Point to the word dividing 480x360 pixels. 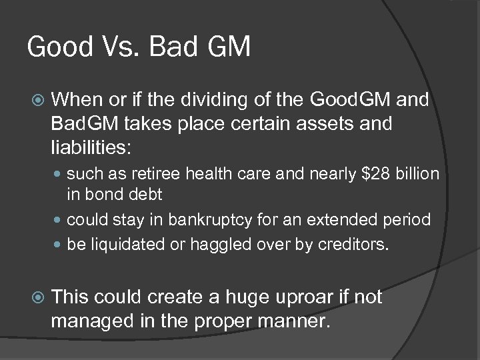point(216,100)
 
